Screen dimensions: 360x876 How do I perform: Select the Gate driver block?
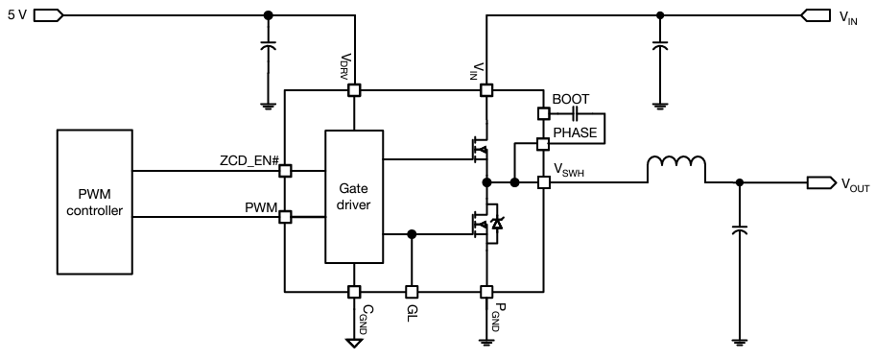[353, 197]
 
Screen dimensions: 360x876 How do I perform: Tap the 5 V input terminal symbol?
[49, 15]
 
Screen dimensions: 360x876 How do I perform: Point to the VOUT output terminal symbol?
[820, 182]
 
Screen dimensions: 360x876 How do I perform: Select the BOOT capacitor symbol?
[575, 113]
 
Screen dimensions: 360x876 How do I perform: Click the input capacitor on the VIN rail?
[659, 45]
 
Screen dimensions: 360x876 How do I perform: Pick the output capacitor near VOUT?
[739, 230]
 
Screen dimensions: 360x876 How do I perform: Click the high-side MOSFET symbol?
[479, 149]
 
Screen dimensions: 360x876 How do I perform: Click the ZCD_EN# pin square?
[285, 172]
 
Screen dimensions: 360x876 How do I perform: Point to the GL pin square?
[413, 291]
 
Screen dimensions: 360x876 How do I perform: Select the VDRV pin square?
[354, 90]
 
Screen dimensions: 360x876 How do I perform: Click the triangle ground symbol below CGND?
[354, 341]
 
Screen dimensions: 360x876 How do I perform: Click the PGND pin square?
[486, 291]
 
